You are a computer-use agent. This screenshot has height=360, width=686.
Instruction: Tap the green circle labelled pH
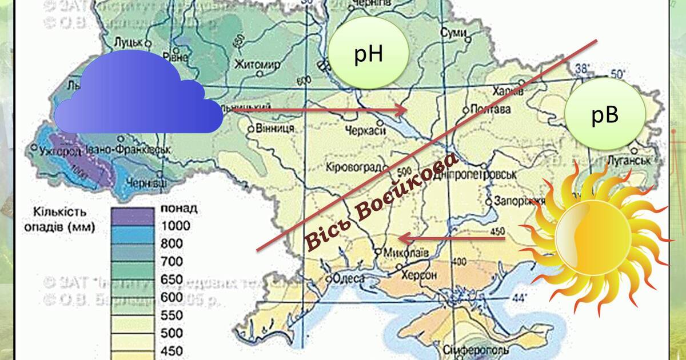(369, 53)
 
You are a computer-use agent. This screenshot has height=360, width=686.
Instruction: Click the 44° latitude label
(519, 297)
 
